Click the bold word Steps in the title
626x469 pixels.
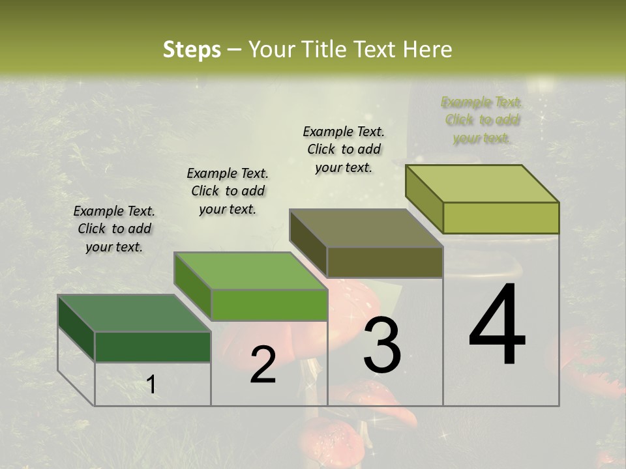coord(192,50)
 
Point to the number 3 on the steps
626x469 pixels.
coord(381,345)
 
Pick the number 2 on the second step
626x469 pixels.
coord(263,365)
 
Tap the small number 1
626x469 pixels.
coord(151,385)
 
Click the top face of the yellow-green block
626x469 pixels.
coord(483,184)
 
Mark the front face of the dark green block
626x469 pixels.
coord(153,347)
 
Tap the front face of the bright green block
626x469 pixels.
coord(269,305)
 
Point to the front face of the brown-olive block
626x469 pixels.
coord(385,262)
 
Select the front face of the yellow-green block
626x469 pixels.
coord(501,218)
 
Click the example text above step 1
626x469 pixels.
coord(115,229)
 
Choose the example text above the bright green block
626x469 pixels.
coord(228,191)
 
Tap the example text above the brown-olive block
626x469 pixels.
coord(344,149)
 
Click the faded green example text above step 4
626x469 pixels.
coord(481,120)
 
